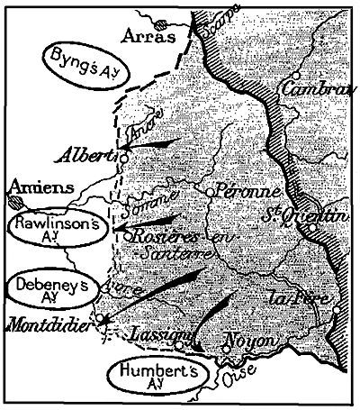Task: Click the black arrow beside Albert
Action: (x=152, y=143)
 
